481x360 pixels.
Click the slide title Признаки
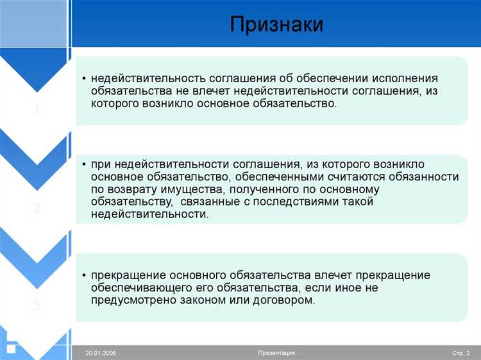point(276,24)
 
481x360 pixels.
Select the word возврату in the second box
point(128,189)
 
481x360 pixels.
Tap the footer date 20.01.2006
point(101,353)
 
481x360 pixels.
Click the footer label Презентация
point(276,353)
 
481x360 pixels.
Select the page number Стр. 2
point(460,353)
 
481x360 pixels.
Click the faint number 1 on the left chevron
point(37,110)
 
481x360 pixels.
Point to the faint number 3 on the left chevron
point(37,307)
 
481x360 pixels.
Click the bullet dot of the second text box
point(84,164)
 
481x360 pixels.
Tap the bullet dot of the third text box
point(84,275)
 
